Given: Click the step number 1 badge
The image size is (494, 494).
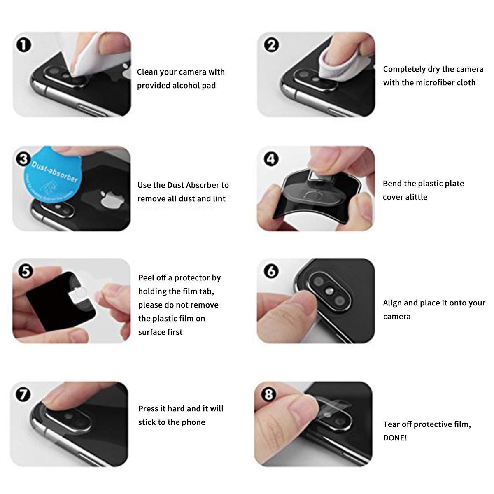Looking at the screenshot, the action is click(23, 45).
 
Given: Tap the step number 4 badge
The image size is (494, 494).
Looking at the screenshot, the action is click(271, 159).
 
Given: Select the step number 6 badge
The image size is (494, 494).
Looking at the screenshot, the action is click(271, 271).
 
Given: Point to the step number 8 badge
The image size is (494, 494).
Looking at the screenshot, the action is click(268, 394).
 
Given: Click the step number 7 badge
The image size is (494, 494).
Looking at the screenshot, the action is click(23, 394).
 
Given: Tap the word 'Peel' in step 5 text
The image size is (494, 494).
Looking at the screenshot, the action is click(147, 277).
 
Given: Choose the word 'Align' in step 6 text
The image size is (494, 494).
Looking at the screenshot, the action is click(392, 303).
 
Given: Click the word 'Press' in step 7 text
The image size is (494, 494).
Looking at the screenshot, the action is click(148, 409).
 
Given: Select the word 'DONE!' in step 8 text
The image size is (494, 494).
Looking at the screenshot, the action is click(395, 438).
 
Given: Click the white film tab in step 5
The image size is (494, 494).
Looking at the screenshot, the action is click(78, 294).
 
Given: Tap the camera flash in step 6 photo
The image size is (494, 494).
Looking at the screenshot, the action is click(330, 291).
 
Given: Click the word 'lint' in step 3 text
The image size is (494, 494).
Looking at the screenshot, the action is click(219, 199).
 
